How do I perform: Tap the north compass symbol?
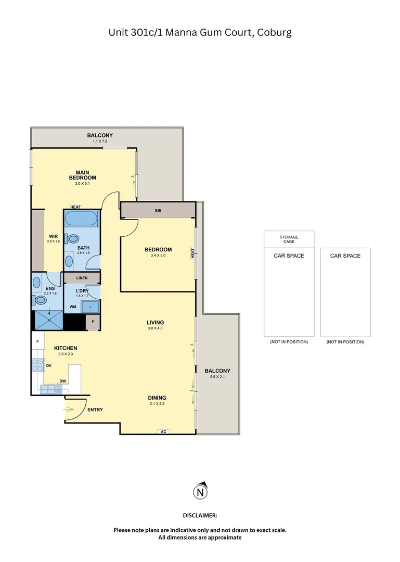pyautogui.click(x=200, y=491)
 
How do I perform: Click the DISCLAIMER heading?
pyautogui.click(x=200, y=515)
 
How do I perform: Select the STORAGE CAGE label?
pyautogui.click(x=289, y=239)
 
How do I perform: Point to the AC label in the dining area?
pyautogui.click(x=163, y=431)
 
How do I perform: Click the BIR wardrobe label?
pyautogui.click(x=158, y=211)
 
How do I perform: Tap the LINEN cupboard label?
pyautogui.click(x=82, y=278)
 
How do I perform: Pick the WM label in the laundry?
pyautogui.click(x=72, y=307)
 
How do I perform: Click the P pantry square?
pyautogui.click(x=93, y=322)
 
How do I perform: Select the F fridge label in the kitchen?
pyautogui.click(x=37, y=341)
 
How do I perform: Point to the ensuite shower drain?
pyautogui.click(x=49, y=321)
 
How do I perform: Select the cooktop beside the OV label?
pyautogui.click(x=38, y=365)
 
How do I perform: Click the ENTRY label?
pyautogui.click(x=95, y=410)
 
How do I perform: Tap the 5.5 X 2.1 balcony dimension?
pyautogui.click(x=217, y=377)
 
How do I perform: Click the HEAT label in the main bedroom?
pyautogui.click(x=75, y=207)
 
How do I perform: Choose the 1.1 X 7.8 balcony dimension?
pyautogui.click(x=99, y=141)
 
